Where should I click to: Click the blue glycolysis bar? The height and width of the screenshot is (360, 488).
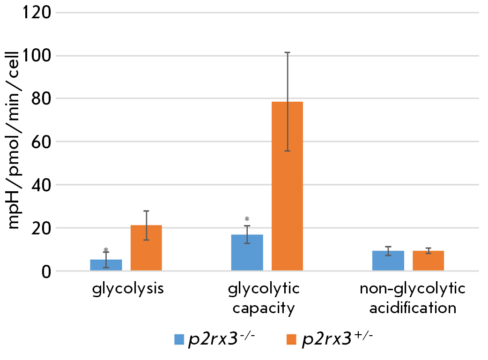point(106,265)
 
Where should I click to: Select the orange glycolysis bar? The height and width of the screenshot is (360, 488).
point(146,248)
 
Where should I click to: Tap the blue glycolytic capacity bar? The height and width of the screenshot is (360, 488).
point(247,253)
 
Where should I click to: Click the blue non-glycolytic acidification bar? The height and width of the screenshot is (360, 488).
point(388,261)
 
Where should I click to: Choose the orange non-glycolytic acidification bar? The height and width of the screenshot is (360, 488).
point(428,261)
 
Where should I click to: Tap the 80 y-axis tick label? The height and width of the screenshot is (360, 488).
point(40,99)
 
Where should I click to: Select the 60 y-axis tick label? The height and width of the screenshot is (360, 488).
point(40,142)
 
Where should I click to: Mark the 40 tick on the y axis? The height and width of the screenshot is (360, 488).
point(40,185)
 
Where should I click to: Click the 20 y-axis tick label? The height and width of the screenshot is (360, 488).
point(40,228)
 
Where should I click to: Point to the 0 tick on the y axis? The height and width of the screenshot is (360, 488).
point(45,271)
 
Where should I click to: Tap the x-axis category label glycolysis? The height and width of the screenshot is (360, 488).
point(127,288)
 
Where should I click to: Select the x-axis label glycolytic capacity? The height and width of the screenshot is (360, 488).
point(264,298)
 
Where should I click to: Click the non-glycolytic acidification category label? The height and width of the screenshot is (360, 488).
point(413,298)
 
